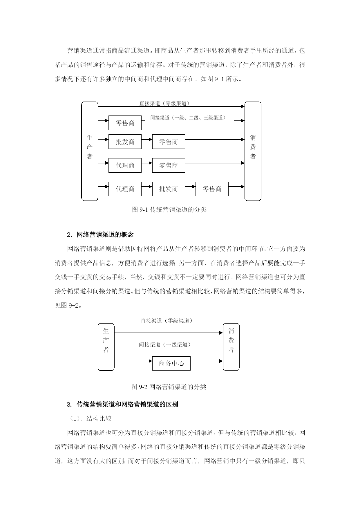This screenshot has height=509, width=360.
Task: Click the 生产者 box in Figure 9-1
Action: (x=90, y=151)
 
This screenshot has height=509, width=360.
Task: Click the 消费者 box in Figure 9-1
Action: (x=253, y=151)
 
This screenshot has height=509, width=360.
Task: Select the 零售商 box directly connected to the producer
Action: (x=125, y=123)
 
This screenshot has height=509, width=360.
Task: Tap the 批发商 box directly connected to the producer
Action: (x=125, y=142)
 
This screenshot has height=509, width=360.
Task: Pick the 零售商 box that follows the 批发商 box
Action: (x=169, y=142)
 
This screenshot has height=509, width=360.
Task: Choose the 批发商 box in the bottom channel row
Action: (x=169, y=189)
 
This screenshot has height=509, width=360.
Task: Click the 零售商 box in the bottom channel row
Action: (x=212, y=189)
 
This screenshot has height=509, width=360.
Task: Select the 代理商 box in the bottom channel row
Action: (x=125, y=189)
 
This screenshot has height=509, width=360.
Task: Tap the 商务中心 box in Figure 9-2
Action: (x=171, y=363)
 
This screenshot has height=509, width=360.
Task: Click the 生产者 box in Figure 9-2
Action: (x=106, y=347)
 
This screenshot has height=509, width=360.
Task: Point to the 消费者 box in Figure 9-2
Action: (x=231, y=347)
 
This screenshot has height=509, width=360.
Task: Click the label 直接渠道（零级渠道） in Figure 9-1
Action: (x=165, y=103)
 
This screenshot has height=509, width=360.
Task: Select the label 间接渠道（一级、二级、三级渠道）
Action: (x=188, y=118)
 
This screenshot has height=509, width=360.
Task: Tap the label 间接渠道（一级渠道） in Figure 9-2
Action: (x=165, y=344)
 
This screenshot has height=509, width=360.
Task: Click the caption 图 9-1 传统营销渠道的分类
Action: (x=169, y=210)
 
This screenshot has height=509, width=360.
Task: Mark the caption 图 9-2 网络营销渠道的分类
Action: (x=169, y=387)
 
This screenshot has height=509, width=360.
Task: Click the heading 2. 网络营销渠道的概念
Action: (x=100, y=234)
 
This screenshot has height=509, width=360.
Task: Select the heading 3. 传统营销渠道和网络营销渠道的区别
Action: (x=122, y=404)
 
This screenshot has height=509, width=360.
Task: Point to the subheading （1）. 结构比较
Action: (x=91, y=419)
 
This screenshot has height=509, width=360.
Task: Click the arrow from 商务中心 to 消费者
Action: (x=207, y=361)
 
